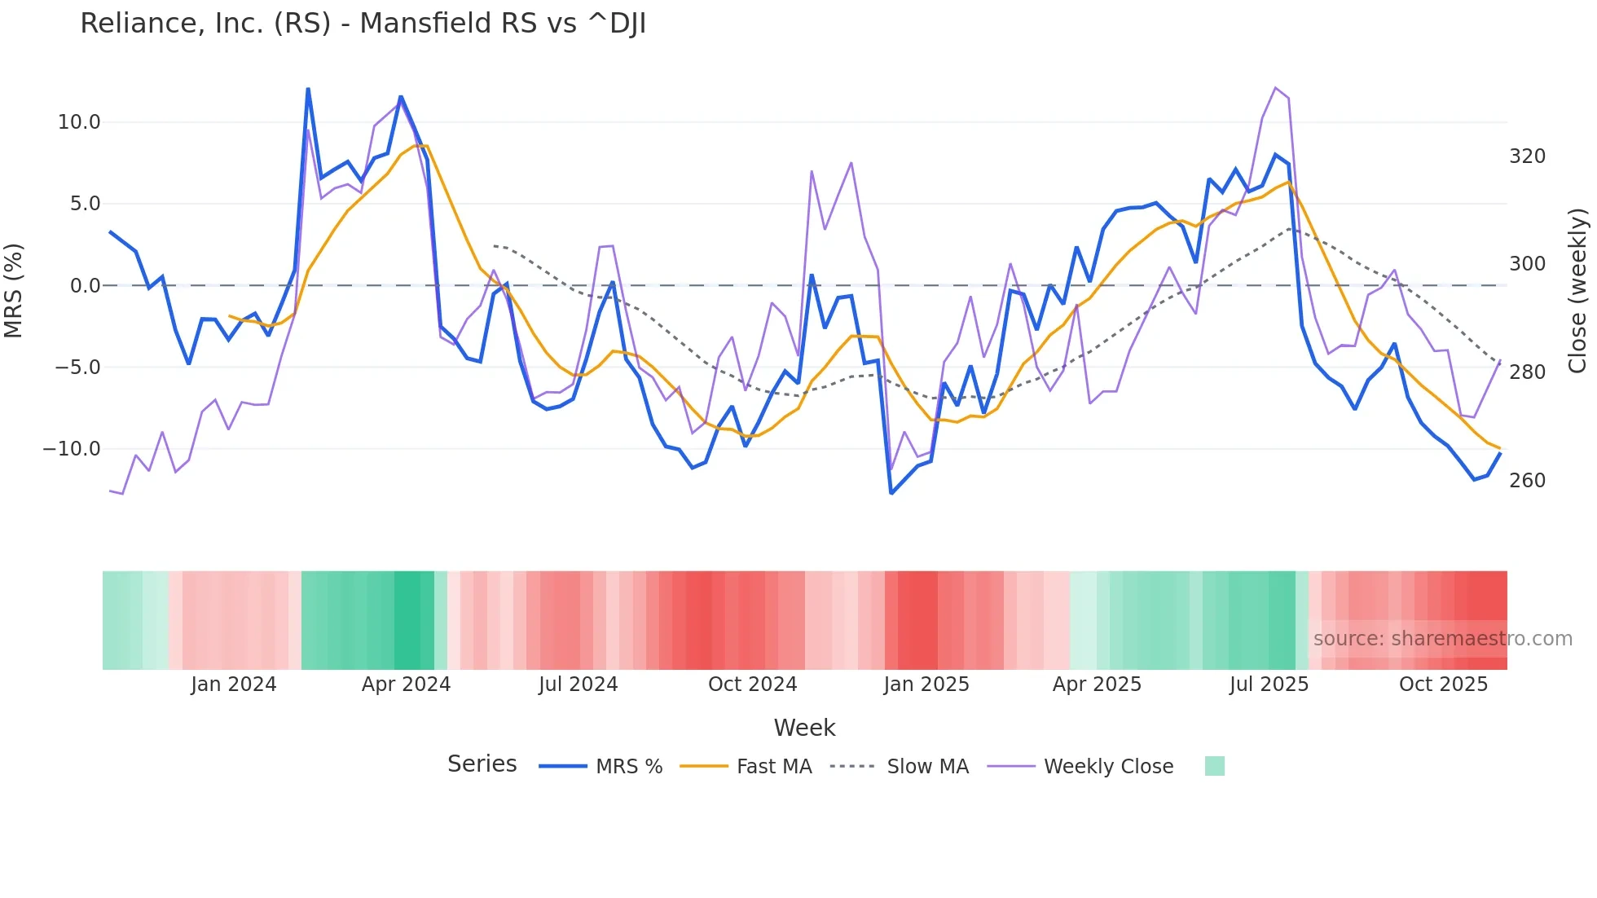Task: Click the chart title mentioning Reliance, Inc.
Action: click(x=363, y=24)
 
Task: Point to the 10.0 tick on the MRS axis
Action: click(x=79, y=122)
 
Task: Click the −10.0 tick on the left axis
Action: click(x=72, y=449)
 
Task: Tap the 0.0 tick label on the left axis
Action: click(x=85, y=286)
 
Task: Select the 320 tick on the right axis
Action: click(x=1527, y=156)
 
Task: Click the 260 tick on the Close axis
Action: click(x=1527, y=481)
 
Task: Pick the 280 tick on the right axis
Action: click(x=1527, y=372)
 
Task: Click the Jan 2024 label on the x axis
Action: click(x=234, y=685)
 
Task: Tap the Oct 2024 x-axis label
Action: click(x=752, y=685)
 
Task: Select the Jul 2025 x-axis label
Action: click(x=1269, y=685)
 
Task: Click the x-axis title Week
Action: click(x=804, y=728)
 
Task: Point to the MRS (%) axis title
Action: click(x=14, y=291)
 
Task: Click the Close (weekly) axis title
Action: click(x=1577, y=291)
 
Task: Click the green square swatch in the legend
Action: click(x=1214, y=766)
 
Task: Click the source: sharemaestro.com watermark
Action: click(x=1442, y=639)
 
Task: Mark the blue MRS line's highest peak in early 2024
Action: click(x=308, y=89)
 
